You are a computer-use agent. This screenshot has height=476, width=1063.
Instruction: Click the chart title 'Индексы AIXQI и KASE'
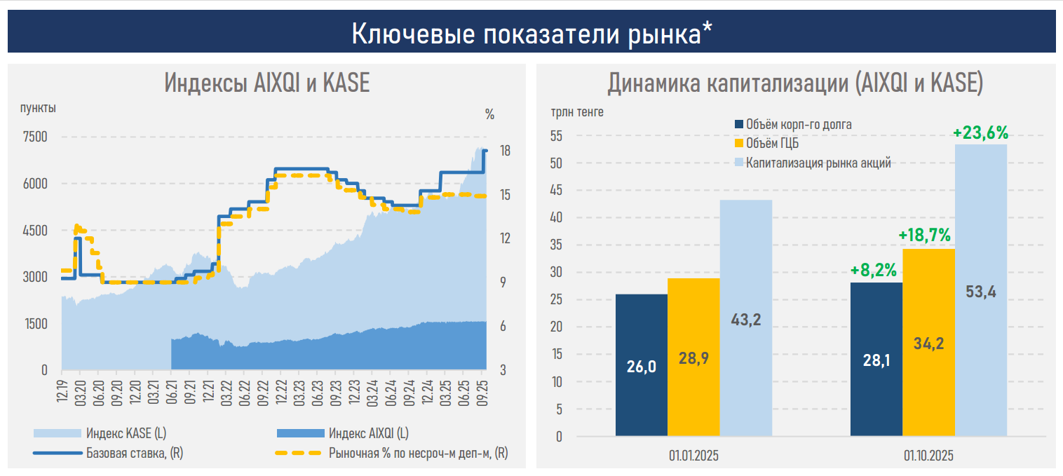[x=267, y=83]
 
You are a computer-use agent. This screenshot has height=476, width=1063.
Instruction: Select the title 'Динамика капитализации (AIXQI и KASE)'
[x=795, y=83]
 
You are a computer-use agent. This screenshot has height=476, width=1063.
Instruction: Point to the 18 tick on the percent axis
[x=504, y=151]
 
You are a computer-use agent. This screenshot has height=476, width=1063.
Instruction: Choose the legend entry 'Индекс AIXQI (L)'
[x=368, y=433]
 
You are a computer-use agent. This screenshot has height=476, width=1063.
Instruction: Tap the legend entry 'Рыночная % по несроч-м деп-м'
[x=418, y=453]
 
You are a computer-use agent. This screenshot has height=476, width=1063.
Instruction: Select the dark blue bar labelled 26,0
[x=642, y=365]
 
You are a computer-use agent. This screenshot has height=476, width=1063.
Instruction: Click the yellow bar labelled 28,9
[x=693, y=357]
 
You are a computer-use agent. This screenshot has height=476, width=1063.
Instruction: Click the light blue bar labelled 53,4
[x=981, y=290]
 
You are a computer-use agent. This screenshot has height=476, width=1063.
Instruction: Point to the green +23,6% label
[x=980, y=132]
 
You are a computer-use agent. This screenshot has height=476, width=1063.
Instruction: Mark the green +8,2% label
[x=875, y=269]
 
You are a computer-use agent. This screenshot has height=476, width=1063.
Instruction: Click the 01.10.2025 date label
[x=928, y=456]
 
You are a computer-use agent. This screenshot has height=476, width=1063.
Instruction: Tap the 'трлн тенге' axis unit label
[x=576, y=111]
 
